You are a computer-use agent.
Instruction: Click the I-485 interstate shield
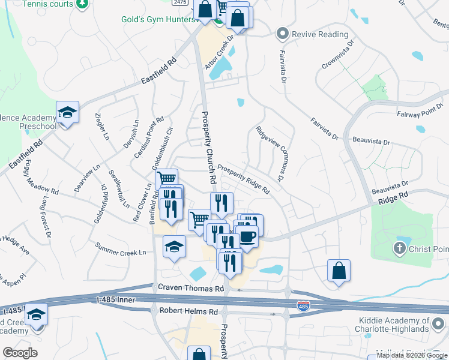point(304,307)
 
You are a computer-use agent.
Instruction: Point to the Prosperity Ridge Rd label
point(243,179)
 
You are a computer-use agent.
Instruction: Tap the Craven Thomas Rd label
point(190,289)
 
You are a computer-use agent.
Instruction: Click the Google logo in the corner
point(20,353)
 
